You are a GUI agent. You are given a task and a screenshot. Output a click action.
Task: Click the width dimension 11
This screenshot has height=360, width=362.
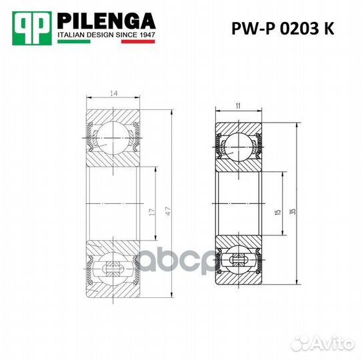(238, 105)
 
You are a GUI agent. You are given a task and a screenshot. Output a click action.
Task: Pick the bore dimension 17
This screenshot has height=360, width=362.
(152, 213)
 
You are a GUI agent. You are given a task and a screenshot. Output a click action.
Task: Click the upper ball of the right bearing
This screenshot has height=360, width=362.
(238, 143)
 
